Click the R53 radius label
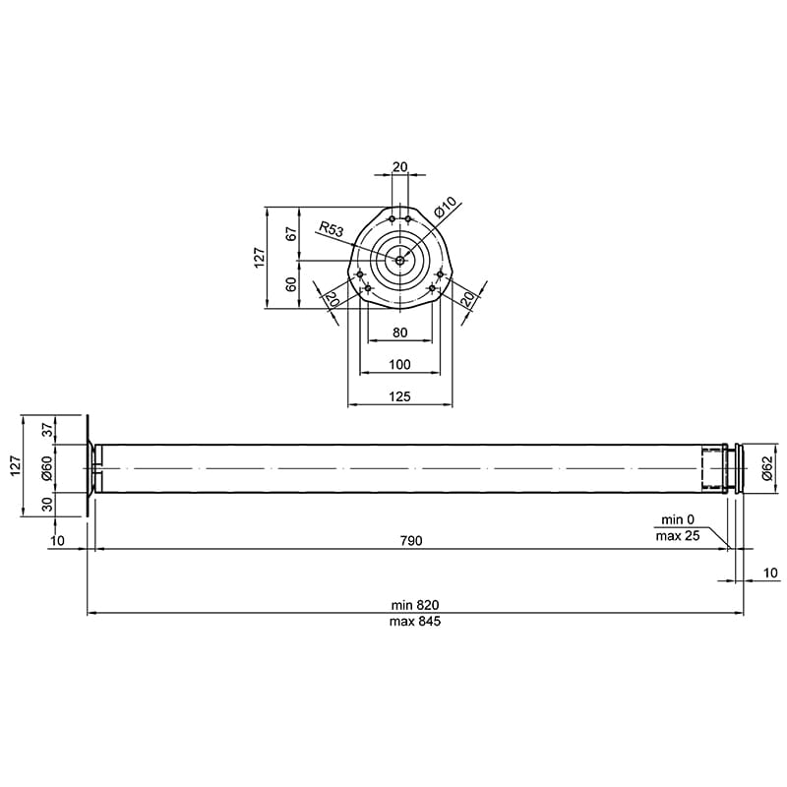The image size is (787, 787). click(x=332, y=229)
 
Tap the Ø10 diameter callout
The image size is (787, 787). click(x=446, y=208)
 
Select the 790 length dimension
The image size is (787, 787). click(x=411, y=540)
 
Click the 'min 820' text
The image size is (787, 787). click(x=415, y=605)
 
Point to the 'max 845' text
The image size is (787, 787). click(x=415, y=622)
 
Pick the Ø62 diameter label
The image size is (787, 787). click(x=767, y=468)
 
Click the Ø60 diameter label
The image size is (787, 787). click(x=47, y=468)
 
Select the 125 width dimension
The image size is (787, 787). click(x=399, y=396)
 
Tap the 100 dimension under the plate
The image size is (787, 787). click(x=399, y=364)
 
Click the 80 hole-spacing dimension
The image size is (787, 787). click(x=399, y=333)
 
